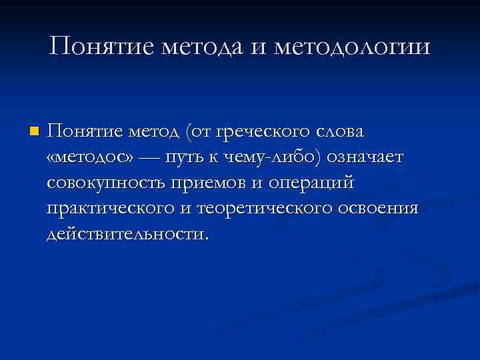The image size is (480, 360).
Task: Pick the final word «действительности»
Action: click(126, 233)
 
